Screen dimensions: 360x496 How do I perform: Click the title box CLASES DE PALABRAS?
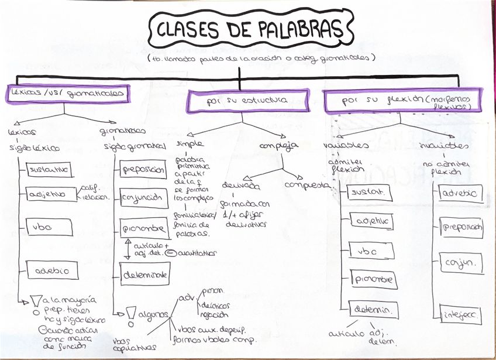click(250, 30)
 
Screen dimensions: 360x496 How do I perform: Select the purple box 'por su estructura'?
click(247, 101)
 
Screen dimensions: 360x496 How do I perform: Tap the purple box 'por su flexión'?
click(405, 101)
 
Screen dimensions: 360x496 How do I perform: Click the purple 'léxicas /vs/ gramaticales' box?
click(67, 94)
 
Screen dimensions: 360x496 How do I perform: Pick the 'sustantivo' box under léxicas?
click(49, 170)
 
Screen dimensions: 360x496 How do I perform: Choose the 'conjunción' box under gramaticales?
click(141, 197)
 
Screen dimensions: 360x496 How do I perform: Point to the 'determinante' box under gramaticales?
click(145, 273)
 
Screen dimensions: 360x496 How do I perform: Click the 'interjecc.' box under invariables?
click(461, 316)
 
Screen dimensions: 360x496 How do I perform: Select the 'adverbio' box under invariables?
click(460, 193)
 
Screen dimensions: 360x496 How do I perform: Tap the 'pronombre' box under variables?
click(373, 280)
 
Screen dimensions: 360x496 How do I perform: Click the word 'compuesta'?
click(306, 185)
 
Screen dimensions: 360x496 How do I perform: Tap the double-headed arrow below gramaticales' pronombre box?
click(127, 248)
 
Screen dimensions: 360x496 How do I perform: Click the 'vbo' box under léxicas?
click(49, 227)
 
